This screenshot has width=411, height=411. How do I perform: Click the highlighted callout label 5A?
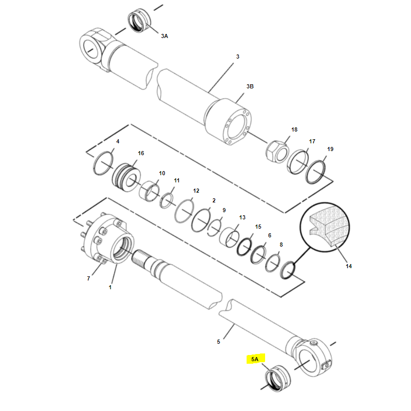255,359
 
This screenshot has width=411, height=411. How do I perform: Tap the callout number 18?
294,129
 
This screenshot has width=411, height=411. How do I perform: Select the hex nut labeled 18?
277,152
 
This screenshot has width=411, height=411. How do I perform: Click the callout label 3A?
164,36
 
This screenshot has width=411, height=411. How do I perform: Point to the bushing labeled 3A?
140,21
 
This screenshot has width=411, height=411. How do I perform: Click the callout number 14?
349,266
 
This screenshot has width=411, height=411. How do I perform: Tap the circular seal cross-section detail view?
325,227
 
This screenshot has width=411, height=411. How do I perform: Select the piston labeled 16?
126,177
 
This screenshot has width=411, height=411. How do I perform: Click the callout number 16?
141,153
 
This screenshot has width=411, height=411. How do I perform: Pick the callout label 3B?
250,86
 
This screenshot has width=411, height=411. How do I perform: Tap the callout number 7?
88,278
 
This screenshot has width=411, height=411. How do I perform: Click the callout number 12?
196,191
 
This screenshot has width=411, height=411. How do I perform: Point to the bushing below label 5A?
278,379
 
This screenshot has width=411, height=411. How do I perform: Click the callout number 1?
110,287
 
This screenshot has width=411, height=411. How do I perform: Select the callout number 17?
312,141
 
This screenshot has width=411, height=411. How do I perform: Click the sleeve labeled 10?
149,191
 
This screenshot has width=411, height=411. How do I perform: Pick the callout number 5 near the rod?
219,342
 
